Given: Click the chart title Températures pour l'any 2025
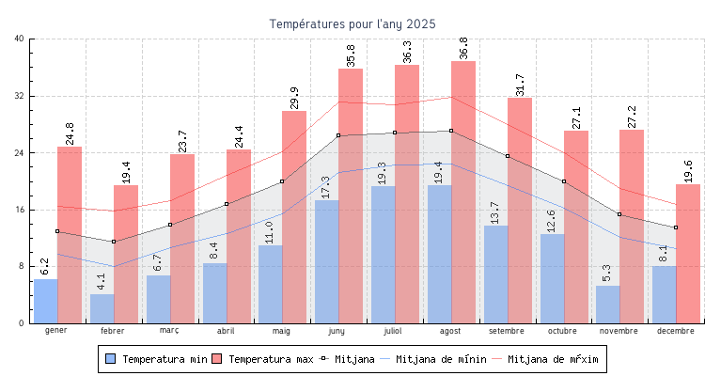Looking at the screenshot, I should (x=352, y=23).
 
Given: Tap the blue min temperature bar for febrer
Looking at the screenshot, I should (x=102, y=309).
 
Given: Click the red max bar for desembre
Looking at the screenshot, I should (x=688, y=254).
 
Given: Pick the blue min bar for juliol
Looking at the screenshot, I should (x=384, y=255).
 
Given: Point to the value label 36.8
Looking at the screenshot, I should (x=463, y=47).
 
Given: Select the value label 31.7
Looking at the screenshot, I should (x=520, y=83).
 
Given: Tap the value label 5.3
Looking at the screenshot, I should (x=607, y=273).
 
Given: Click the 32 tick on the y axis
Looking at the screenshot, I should (x=20, y=96).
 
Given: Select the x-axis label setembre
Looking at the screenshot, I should (x=508, y=331).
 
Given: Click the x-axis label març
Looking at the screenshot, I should (x=169, y=331).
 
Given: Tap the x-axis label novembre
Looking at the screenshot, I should (x=619, y=331).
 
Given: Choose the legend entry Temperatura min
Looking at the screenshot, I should (x=157, y=359).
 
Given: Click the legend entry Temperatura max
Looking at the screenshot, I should (x=263, y=359).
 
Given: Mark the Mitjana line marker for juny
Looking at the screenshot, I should (x=338, y=135).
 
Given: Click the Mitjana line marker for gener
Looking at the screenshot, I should (x=57, y=231).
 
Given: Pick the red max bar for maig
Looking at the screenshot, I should (x=294, y=216).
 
